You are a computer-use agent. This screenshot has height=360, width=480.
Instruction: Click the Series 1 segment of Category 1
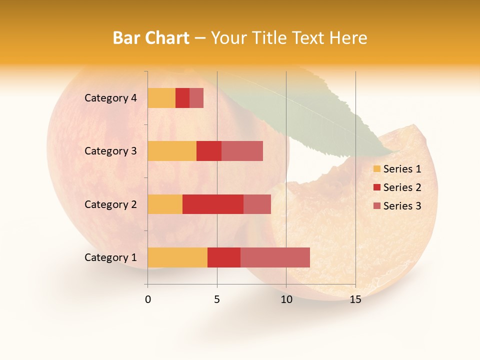[177, 257]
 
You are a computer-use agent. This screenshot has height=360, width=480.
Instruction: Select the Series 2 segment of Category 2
[213, 204]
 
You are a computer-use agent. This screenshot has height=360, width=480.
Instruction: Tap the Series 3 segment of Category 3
[242, 151]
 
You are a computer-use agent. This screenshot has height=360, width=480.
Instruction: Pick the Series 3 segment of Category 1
[275, 257]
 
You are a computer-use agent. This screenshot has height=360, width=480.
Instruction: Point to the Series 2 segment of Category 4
[182, 98]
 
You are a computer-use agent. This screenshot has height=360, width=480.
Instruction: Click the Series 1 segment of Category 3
[172, 151]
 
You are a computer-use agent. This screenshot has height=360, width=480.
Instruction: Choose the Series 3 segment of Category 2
[257, 204]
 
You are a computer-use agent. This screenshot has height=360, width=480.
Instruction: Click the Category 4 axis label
[110, 98]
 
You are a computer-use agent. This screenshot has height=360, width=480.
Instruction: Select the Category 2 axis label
[110, 204]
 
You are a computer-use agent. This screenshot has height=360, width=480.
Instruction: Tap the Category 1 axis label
[110, 257]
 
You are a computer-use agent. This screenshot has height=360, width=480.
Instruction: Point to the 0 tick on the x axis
[148, 299]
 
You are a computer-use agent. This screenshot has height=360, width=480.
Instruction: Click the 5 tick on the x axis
[217, 299]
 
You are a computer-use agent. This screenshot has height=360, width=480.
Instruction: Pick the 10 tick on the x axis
[286, 299]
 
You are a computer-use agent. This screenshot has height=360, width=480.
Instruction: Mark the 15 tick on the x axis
[355, 299]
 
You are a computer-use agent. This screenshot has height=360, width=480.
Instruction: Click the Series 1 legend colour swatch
[376, 169]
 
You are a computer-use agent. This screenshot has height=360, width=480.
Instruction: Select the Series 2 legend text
[402, 187]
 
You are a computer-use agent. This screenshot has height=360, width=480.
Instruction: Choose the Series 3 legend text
[402, 206]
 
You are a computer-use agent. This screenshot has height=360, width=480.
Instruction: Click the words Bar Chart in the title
[151, 38]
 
